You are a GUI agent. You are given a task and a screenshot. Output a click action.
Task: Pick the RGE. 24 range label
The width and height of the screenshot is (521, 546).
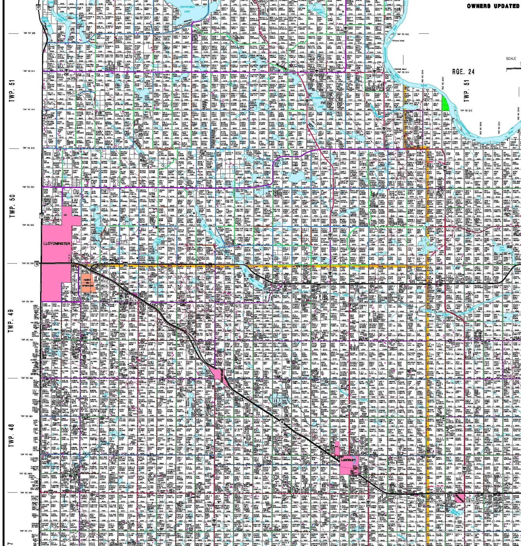click(x=463, y=71)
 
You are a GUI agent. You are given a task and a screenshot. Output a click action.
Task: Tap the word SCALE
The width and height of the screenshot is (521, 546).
click(x=511, y=59)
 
